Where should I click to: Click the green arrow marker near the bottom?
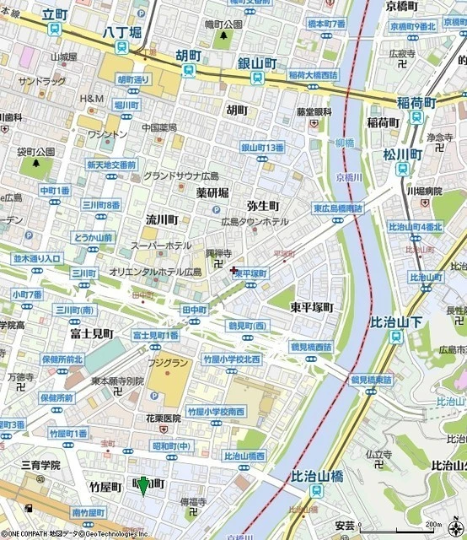pos(142,486)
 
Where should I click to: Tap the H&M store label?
pos(91,100)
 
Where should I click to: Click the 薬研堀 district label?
pos(213,192)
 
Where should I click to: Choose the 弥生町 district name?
pos(263,206)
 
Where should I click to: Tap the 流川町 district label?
pos(161,219)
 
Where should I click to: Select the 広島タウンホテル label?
pos(255,221)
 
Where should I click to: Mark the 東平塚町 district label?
pos(312,308)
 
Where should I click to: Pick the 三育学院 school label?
pos(40,465)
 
